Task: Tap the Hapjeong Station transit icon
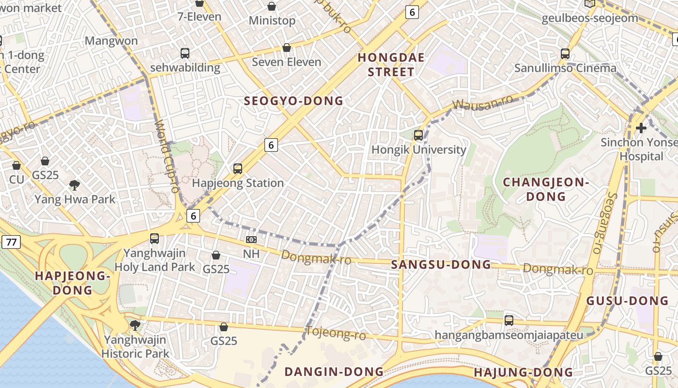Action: [237, 169]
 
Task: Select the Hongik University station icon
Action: [418, 135]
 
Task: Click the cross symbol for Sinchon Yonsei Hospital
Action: [641, 128]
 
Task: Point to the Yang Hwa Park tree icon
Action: [75, 185]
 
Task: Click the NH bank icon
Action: [251, 240]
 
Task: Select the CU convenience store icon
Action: [16, 165]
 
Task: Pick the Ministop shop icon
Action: [272, 6]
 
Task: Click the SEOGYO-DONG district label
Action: [293, 101]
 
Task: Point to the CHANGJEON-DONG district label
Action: [546, 190]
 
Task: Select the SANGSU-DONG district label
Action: [441, 265]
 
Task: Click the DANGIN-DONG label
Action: [334, 372]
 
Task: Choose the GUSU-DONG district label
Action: [627, 301]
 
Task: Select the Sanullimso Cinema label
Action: [565, 68]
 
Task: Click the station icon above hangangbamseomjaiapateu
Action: [508, 321]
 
